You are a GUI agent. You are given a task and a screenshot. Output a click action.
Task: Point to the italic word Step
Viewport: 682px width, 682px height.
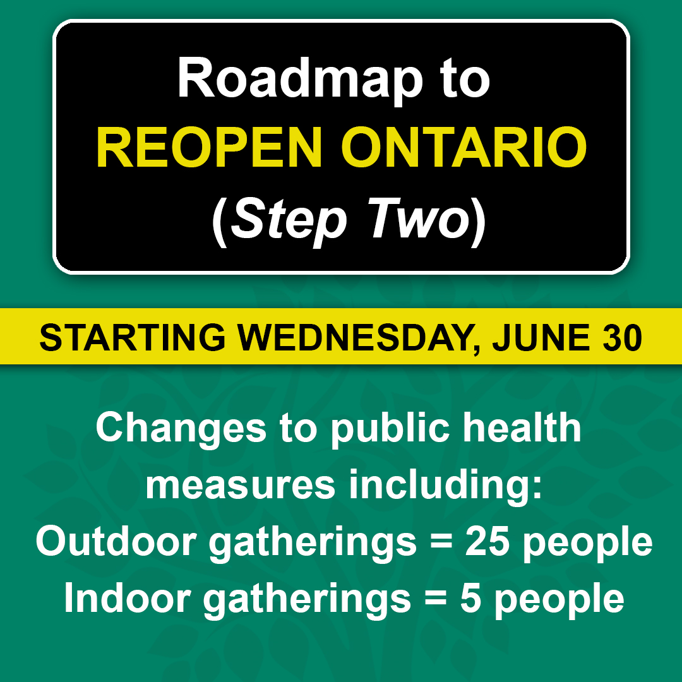point(289,221)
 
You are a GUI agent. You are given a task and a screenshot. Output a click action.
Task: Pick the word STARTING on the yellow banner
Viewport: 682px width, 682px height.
point(133,337)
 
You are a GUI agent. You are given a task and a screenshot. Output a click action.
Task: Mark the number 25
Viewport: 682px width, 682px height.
point(487,542)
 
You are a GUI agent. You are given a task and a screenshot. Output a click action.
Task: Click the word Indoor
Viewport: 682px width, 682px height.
point(128,599)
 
